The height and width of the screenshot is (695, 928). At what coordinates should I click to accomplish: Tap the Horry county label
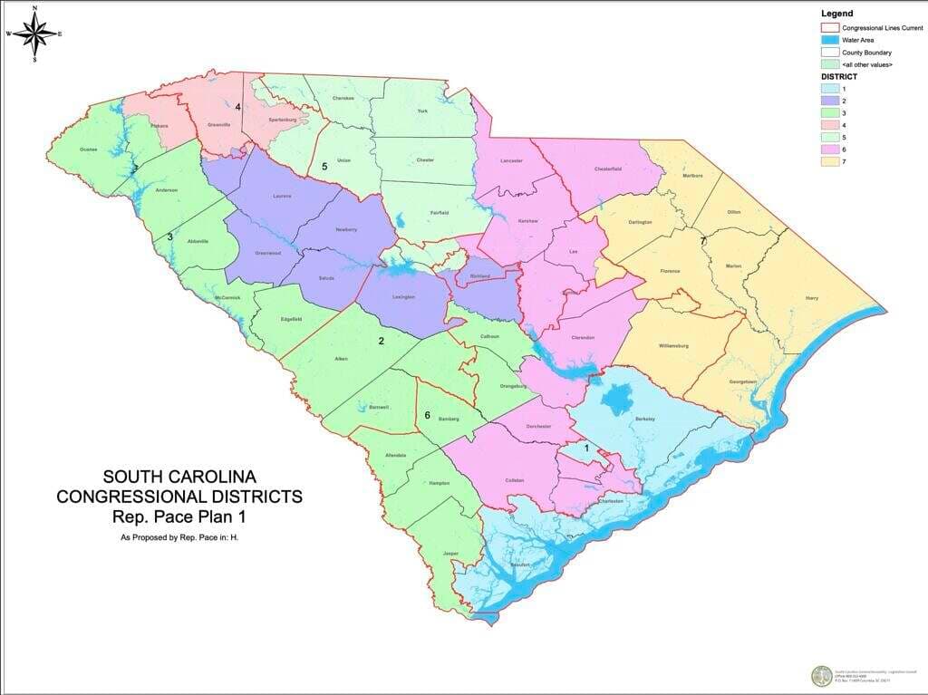(812, 297)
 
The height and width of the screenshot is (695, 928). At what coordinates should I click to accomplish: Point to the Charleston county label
(611, 500)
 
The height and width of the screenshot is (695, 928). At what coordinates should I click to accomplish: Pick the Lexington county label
(403, 297)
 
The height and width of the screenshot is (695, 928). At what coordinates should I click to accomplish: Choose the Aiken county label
(341, 360)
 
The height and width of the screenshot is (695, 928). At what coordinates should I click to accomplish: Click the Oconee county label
(88, 149)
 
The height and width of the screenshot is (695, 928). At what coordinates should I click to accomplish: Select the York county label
(421, 111)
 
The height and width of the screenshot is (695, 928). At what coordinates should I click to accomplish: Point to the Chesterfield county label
(607, 169)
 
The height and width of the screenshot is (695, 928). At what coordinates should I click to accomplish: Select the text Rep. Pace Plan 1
(179, 517)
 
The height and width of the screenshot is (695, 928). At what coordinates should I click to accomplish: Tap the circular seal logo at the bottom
(820, 676)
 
